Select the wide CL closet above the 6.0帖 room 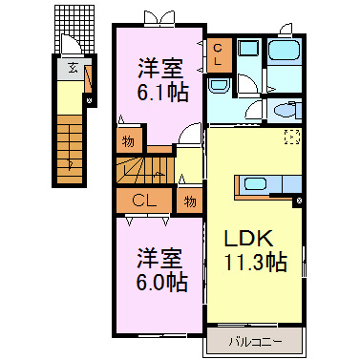(144, 201)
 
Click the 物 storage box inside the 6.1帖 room (127, 141)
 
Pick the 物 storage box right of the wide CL (190, 201)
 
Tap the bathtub (283, 52)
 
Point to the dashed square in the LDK (290, 135)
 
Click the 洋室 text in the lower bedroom (160, 258)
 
